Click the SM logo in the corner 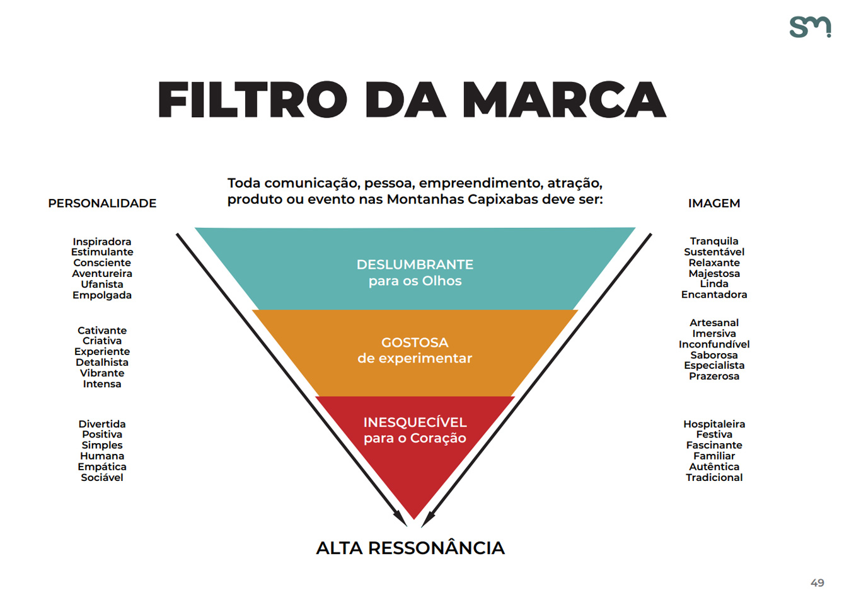coord(811,27)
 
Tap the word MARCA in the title coord(564,99)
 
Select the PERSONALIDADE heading coord(102,203)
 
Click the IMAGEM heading coord(714,203)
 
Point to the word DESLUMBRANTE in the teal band coord(415,264)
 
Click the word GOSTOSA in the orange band coord(415,342)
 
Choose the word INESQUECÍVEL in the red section coord(415,422)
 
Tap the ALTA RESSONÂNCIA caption coord(410,548)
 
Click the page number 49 coord(817,582)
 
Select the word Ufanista coord(102,284)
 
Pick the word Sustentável coord(714,252)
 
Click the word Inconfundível coord(714,344)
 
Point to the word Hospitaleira coord(714,424)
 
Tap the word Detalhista coord(102,362)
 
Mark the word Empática coord(102,466)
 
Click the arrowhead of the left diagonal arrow coord(400,519)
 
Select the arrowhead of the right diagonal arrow coord(429,519)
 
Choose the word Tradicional coord(714,477)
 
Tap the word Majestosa coord(714,273)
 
